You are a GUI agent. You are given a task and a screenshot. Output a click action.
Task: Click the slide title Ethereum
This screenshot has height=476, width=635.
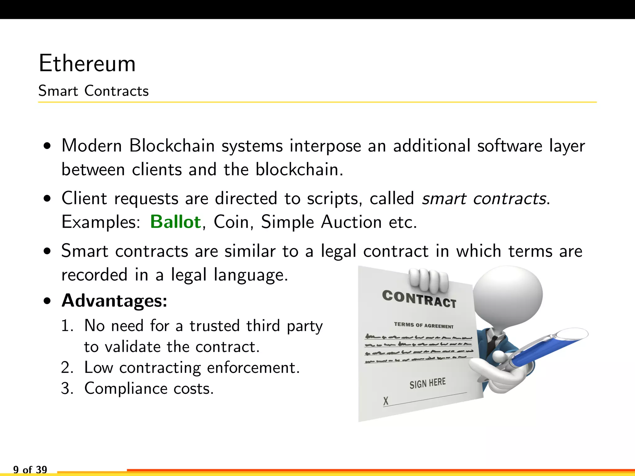tap(87, 64)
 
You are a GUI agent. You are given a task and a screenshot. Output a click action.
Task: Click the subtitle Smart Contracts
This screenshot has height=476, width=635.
tap(93, 91)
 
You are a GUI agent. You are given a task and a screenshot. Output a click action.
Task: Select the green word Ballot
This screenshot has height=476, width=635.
tap(175, 222)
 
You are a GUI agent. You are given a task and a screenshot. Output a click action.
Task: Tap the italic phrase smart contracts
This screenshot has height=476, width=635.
tap(484, 198)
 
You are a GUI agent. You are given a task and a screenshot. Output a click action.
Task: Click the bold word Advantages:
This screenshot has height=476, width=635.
tap(114, 301)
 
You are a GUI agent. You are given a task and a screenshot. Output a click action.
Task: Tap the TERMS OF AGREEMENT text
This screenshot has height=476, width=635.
tap(424, 325)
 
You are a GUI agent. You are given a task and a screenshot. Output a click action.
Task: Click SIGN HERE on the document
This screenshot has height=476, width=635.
tap(427, 383)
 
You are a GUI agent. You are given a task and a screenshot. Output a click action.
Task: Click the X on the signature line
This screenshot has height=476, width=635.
tap(386, 401)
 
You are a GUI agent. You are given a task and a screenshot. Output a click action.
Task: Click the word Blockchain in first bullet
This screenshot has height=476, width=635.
tap(172, 145)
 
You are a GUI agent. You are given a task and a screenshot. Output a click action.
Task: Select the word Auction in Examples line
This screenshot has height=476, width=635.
tap(351, 222)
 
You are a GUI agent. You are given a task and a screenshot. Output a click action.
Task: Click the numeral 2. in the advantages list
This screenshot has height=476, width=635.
tap(67, 368)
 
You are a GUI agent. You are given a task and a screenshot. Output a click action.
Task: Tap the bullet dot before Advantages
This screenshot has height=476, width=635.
tap(47, 301)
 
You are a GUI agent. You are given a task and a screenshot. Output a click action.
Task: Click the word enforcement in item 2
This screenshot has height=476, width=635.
tap(253, 368)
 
